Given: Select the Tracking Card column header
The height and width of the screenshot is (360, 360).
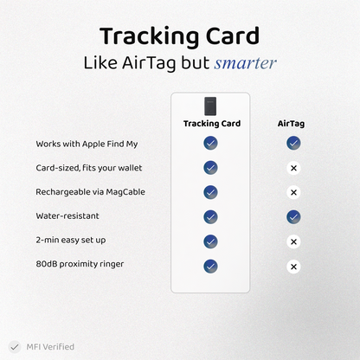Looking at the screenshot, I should tap(210, 124).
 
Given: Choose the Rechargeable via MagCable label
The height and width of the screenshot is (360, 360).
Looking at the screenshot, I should tap(90, 191).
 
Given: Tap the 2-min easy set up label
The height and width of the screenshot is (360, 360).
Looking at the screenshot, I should tap(71, 241).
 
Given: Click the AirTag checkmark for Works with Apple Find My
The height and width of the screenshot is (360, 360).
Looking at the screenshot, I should tap(293, 143).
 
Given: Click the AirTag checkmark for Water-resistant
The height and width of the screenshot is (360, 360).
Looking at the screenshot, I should tap(293, 216).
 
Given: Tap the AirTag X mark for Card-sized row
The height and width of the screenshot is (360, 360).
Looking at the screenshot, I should tap(293, 167).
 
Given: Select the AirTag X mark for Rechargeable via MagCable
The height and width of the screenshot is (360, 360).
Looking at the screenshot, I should tap(293, 192).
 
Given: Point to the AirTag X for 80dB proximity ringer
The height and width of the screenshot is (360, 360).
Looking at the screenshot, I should tap(293, 266).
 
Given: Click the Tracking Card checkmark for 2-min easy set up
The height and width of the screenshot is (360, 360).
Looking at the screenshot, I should tap(210, 241).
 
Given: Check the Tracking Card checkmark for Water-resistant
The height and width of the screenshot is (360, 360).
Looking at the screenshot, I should tap(210, 216).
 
